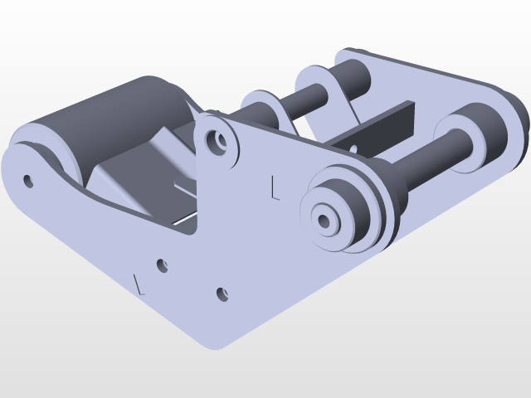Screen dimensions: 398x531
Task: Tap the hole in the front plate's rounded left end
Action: coord(29,180)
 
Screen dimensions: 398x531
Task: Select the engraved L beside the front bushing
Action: coord(275,188)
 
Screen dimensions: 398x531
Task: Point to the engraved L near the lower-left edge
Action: coord(139,284)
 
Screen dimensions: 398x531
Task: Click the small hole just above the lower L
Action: coord(163,266)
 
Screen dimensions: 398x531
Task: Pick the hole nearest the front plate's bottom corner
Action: coord(222,294)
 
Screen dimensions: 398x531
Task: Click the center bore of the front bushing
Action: coord(324,220)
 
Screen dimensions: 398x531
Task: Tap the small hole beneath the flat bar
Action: coord(353,148)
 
